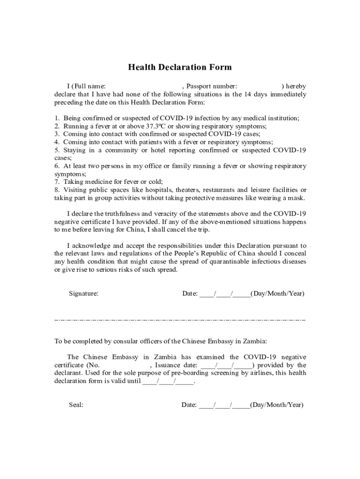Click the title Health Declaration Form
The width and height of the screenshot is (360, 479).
click(x=180, y=67)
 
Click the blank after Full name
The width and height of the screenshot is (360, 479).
click(x=144, y=87)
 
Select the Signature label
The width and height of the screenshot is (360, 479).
click(x=84, y=294)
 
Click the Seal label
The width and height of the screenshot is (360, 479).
click(x=76, y=405)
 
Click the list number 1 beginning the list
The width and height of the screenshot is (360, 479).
click(x=57, y=118)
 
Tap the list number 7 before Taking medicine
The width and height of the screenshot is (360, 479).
click(x=57, y=182)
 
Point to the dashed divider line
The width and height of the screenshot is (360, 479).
click(x=180, y=320)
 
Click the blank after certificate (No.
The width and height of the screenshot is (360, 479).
click(x=124, y=365)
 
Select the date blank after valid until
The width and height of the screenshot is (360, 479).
click(x=168, y=381)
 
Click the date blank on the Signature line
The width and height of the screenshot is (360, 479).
click(x=224, y=294)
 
